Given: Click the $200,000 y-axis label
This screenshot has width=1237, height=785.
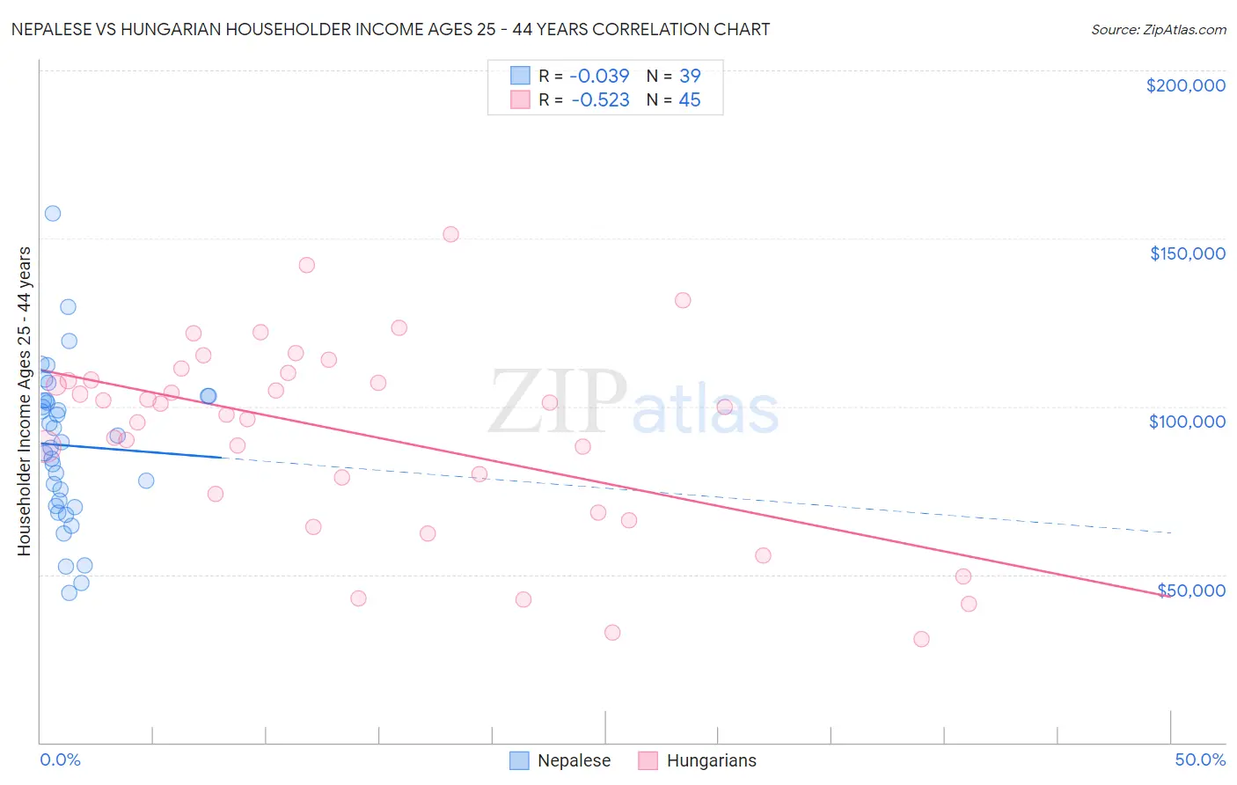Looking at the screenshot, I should (1185, 85).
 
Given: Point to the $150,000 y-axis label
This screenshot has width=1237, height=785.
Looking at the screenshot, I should (1187, 253).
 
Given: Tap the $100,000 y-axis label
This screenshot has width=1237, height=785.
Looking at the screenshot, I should (1187, 422).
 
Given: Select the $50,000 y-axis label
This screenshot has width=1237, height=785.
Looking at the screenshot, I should (1191, 590).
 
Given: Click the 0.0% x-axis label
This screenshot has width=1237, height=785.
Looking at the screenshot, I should (60, 759).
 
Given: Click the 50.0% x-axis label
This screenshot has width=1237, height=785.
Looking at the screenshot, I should (1200, 759).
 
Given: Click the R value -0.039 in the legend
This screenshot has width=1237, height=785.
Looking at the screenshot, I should (600, 76).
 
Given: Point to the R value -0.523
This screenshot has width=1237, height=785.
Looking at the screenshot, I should (600, 100).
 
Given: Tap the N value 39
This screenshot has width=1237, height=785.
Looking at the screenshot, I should (690, 76).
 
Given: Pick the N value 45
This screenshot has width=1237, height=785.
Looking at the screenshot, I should (690, 100).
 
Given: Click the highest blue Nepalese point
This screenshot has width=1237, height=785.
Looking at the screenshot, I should (53, 213).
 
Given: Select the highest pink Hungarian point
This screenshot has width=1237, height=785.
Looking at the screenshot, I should (450, 234).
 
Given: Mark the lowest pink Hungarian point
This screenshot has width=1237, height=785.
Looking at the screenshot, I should (921, 639).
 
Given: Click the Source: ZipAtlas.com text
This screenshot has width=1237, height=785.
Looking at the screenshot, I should (1158, 29).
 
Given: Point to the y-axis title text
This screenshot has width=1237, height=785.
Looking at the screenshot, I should (24, 400).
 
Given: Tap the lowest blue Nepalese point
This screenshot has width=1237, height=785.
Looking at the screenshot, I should (69, 592).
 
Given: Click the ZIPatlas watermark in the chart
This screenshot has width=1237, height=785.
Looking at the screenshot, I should (633, 402).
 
